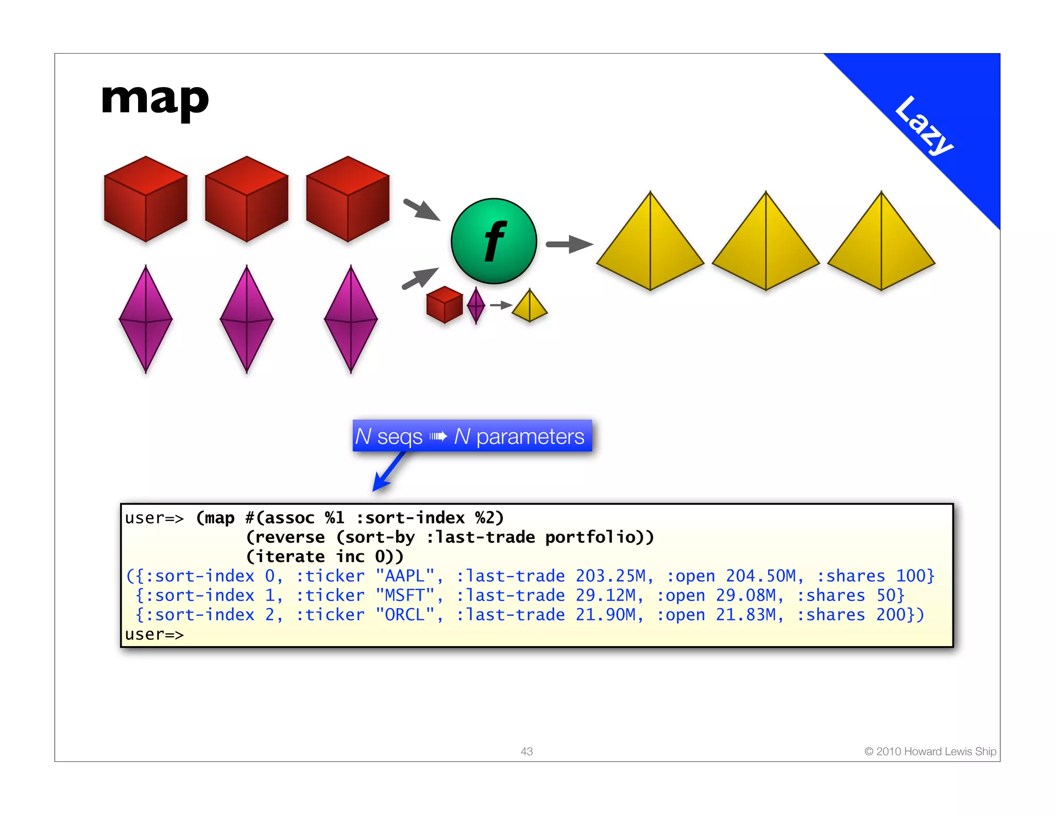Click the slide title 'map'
pos(155,100)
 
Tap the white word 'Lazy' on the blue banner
pos(923,125)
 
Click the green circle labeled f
pos(494,241)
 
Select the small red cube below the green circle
pos(445,304)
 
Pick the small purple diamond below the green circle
pos(476,305)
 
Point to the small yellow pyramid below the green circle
pos(530,306)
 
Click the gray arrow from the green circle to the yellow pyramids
pos(569,244)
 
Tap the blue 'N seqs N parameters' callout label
pos(472,436)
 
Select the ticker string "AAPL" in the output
pos(405,576)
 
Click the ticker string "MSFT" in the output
pos(405,596)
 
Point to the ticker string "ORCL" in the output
pos(405,615)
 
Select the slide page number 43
pos(526,752)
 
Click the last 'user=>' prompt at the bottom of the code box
pos(154,635)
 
